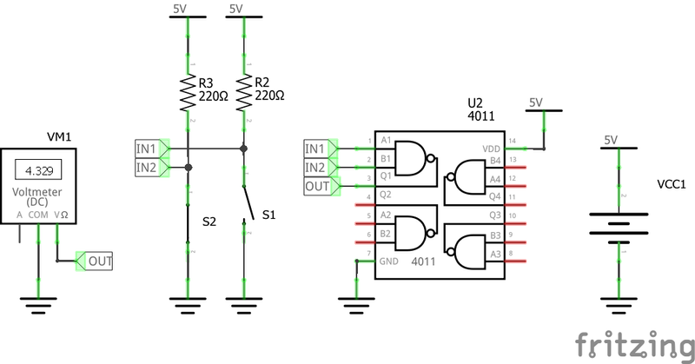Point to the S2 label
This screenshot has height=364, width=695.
(x=209, y=222)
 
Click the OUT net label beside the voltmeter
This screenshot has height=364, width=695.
(x=99, y=261)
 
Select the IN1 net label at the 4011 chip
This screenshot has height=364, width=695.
(x=316, y=148)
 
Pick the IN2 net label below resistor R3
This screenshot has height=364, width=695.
(x=148, y=167)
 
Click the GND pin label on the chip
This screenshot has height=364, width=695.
(x=389, y=261)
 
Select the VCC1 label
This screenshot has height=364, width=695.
(x=672, y=185)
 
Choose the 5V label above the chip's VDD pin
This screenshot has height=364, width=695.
(x=535, y=103)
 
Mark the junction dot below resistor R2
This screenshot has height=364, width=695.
(x=244, y=149)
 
